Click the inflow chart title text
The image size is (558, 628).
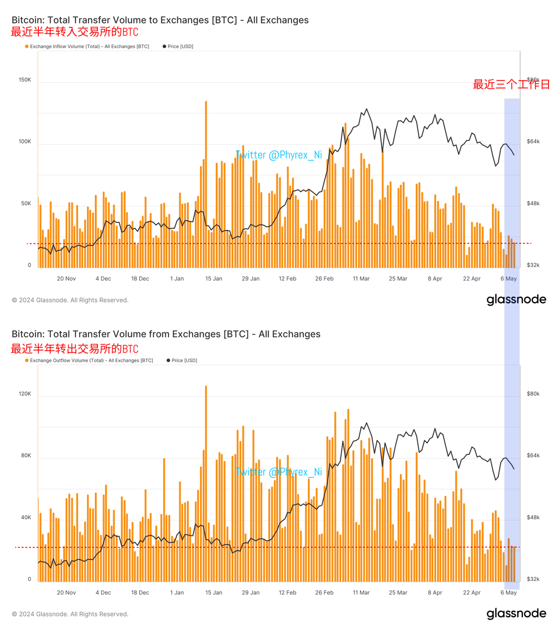(160, 20)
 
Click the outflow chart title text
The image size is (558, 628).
(166, 334)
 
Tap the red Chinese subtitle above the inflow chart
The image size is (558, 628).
(75, 32)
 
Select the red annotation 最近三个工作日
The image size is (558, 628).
(511, 85)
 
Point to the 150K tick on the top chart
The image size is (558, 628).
(25, 80)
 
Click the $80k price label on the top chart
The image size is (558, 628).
(533, 80)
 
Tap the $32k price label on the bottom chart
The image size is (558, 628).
(533, 579)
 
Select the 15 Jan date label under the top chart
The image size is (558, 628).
(214, 279)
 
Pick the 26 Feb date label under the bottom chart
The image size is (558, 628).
(324, 593)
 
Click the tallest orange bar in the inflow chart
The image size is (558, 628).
(206, 183)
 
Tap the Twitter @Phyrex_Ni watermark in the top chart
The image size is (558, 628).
(278, 155)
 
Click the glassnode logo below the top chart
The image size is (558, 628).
(516, 300)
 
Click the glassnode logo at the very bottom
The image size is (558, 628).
(516, 614)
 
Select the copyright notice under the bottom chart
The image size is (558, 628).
(70, 614)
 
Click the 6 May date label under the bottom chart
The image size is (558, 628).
(508, 593)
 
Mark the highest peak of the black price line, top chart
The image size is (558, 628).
(366, 109)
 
